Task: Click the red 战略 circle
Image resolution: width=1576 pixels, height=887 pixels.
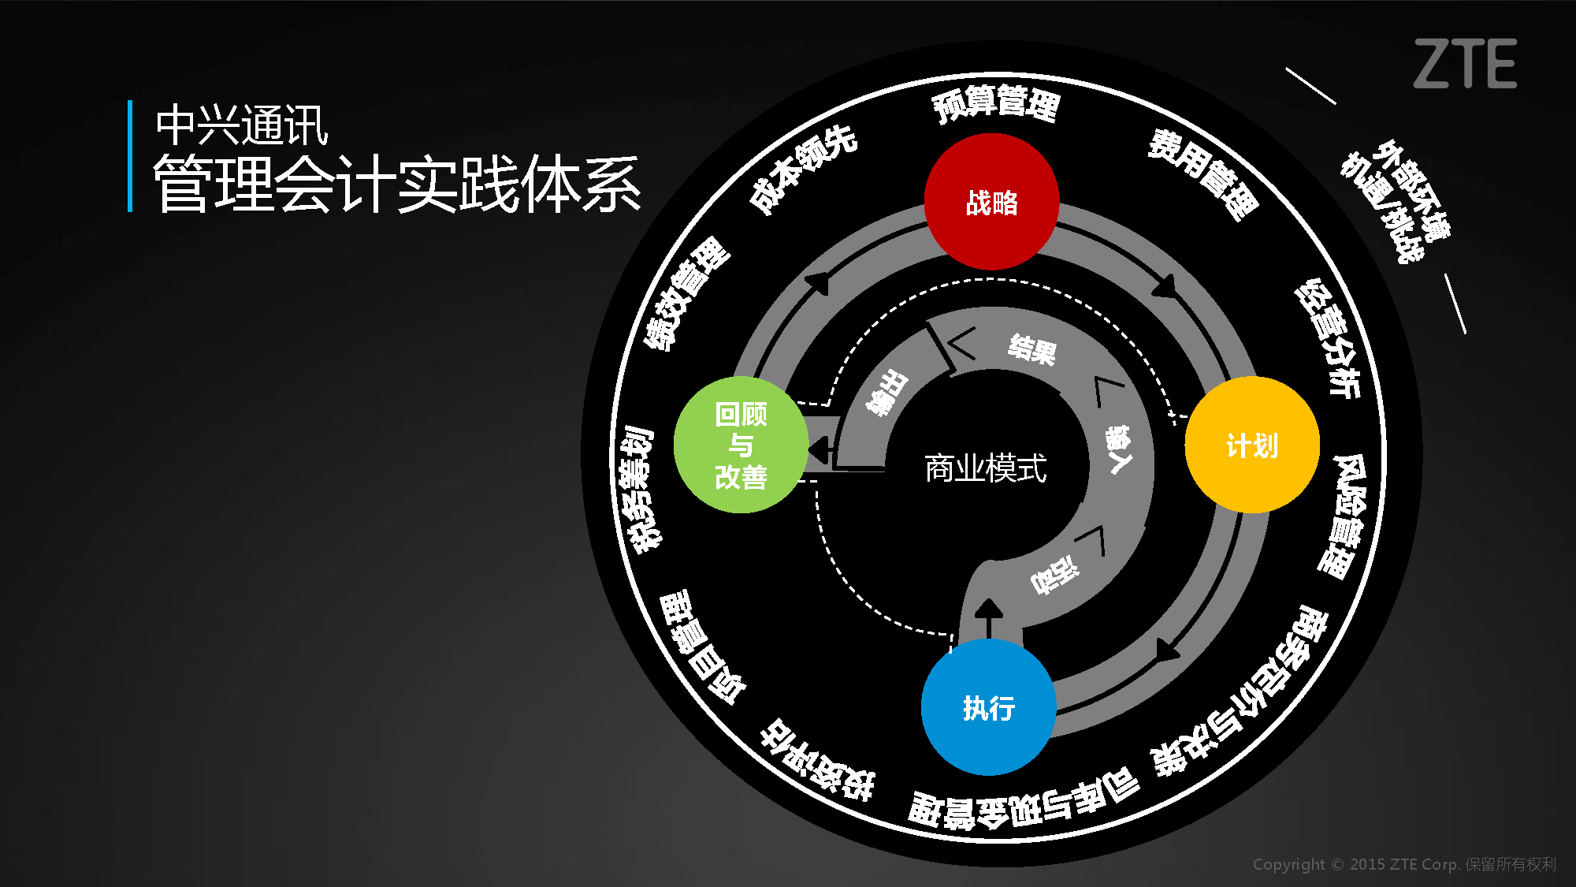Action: [x=991, y=202]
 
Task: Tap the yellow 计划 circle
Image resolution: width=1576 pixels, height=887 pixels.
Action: [x=1252, y=445]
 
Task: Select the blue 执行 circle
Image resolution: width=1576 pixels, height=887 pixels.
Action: [x=988, y=707]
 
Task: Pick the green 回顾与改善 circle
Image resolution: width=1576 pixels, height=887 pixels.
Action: [x=741, y=445]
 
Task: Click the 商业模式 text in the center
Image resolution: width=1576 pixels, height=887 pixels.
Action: [x=985, y=468]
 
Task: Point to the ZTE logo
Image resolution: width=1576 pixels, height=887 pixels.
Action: [x=1465, y=64]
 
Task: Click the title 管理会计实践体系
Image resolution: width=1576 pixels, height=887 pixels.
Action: [x=396, y=184]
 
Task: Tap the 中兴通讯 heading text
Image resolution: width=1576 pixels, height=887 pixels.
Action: [x=241, y=125]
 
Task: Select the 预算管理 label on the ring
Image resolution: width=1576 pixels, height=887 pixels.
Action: [x=996, y=103]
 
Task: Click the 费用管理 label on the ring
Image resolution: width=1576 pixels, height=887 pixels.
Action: [x=1202, y=174]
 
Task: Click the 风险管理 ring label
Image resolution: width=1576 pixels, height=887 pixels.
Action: [x=1343, y=516]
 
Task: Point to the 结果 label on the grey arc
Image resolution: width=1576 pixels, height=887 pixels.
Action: [x=1031, y=348]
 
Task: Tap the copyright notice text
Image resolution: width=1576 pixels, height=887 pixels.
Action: [x=1404, y=864]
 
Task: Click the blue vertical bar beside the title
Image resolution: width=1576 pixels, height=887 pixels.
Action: [x=130, y=156]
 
